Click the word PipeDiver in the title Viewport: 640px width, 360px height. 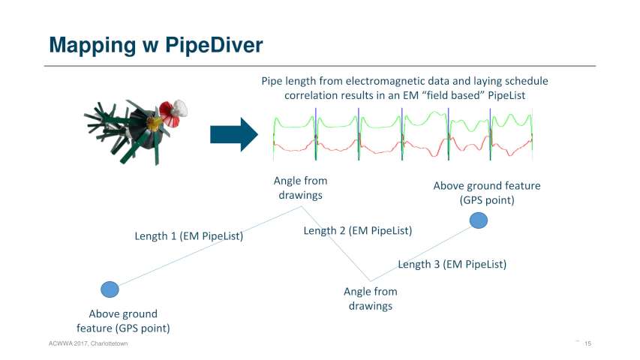[x=214, y=45]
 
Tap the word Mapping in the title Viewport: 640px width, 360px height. [x=92, y=46]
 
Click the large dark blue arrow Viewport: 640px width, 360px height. [x=234, y=134]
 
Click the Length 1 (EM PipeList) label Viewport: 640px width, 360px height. [x=189, y=236]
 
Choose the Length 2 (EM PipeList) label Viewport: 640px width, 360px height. [x=358, y=230]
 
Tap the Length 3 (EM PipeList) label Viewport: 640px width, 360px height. [x=452, y=264]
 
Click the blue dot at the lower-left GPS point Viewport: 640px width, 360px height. [x=110, y=289]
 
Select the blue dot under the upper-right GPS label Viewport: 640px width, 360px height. [x=479, y=220]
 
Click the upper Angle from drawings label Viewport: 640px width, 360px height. [x=300, y=187]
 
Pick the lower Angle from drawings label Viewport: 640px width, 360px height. [x=371, y=298]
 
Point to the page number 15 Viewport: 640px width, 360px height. [x=587, y=343]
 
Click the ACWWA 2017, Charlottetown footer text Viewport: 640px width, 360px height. [x=89, y=343]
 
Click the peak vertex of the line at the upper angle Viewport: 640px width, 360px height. [x=302, y=206]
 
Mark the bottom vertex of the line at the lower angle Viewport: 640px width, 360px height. [x=370, y=280]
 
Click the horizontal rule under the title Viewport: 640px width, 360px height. [x=320, y=66]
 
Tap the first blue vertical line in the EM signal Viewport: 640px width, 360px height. [x=316, y=134]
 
